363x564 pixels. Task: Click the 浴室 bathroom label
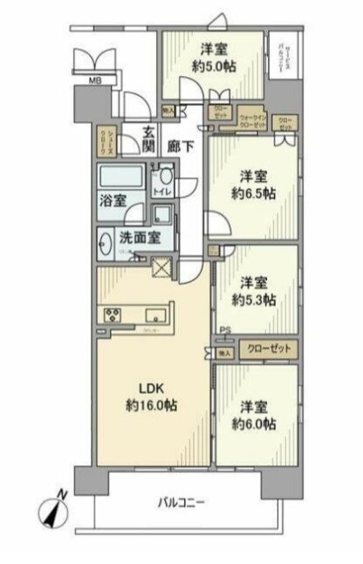coord(112,200)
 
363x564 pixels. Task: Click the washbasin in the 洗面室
coord(106,240)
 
